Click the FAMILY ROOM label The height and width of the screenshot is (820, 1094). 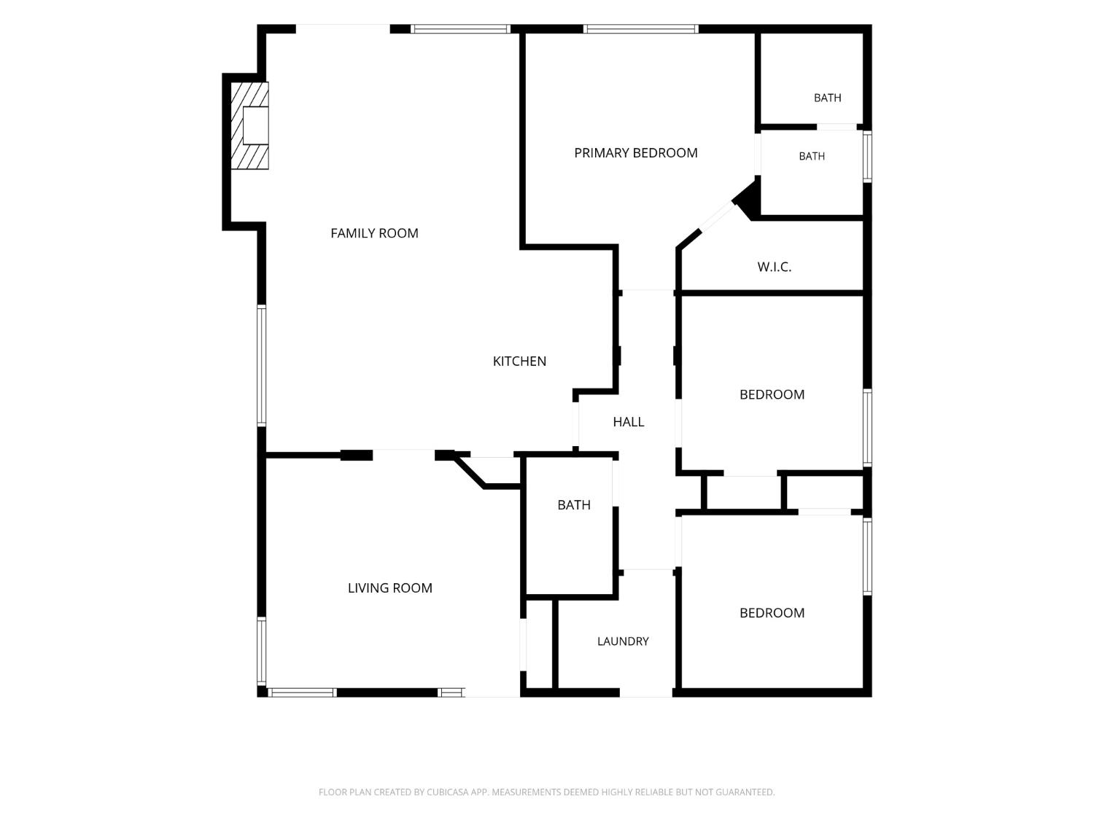coord(374,233)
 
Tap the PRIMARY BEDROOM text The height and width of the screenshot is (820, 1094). coord(635,153)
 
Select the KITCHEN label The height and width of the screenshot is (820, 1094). coord(519,361)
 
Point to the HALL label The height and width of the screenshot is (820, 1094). coord(628,422)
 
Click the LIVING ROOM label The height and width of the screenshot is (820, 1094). coord(389,588)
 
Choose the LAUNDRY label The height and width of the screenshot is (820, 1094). coord(623,641)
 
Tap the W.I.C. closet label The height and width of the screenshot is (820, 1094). coord(774,267)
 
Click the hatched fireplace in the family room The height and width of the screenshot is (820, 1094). coord(249,125)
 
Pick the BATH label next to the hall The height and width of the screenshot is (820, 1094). coord(574,505)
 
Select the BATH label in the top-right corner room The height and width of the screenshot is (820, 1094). coord(827,98)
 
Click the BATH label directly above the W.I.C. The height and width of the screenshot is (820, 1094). coord(812,156)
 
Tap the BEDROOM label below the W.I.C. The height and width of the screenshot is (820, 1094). coord(772,394)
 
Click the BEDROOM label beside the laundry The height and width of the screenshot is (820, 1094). coord(772,613)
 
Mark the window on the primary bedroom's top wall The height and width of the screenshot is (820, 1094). coord(640,29)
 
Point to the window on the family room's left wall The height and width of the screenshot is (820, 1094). coord(261,365)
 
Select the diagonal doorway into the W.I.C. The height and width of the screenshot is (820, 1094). coord(717,216)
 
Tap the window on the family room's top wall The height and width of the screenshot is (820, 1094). coord(460,29)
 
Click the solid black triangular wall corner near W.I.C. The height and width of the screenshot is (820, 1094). coord(748,200)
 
